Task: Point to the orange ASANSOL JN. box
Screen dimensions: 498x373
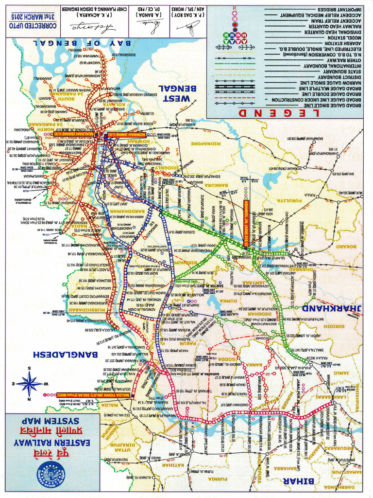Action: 245,223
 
